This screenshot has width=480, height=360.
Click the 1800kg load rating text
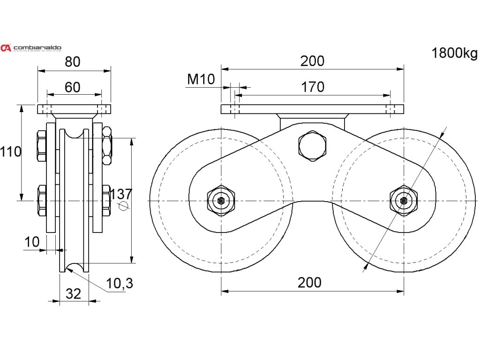454,53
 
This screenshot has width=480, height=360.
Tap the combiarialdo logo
31,48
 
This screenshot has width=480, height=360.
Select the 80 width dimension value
74,61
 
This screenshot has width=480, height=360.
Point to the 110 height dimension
11,151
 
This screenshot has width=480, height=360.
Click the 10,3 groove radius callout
120,283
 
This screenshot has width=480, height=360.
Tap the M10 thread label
201,79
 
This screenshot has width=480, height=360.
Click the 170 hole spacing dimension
312,87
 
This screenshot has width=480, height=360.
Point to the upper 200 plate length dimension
312,61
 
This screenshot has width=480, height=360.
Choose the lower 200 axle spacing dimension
309,282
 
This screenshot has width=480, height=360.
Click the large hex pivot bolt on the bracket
312,145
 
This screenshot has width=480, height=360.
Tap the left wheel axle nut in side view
221,201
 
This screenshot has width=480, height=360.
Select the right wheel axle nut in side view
404,201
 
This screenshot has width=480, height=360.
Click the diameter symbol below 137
123,207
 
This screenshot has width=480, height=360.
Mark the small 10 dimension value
32,242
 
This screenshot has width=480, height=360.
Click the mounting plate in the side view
312,109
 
